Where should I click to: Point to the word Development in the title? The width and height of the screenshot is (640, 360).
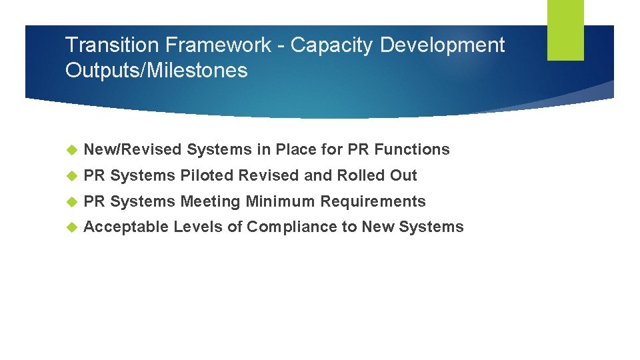[443, 45]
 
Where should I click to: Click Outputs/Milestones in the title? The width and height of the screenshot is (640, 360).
[156, 70]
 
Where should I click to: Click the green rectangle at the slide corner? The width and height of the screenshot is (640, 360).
[565, 30]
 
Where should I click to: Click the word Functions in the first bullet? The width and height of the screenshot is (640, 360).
[418, 150]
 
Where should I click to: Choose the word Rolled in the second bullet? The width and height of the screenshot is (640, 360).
[362, 176]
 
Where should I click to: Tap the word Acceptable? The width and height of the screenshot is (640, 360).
[127, 227]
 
